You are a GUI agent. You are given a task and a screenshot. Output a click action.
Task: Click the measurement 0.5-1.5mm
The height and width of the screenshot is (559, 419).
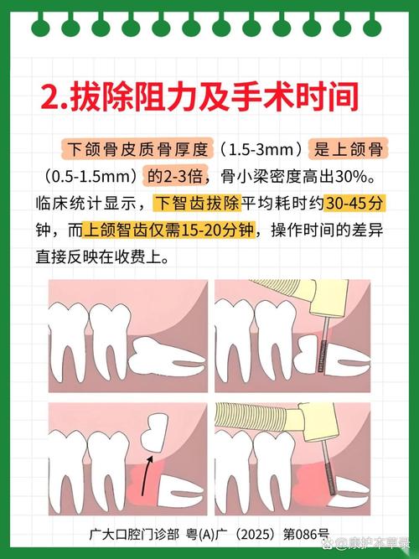point(91,177)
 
